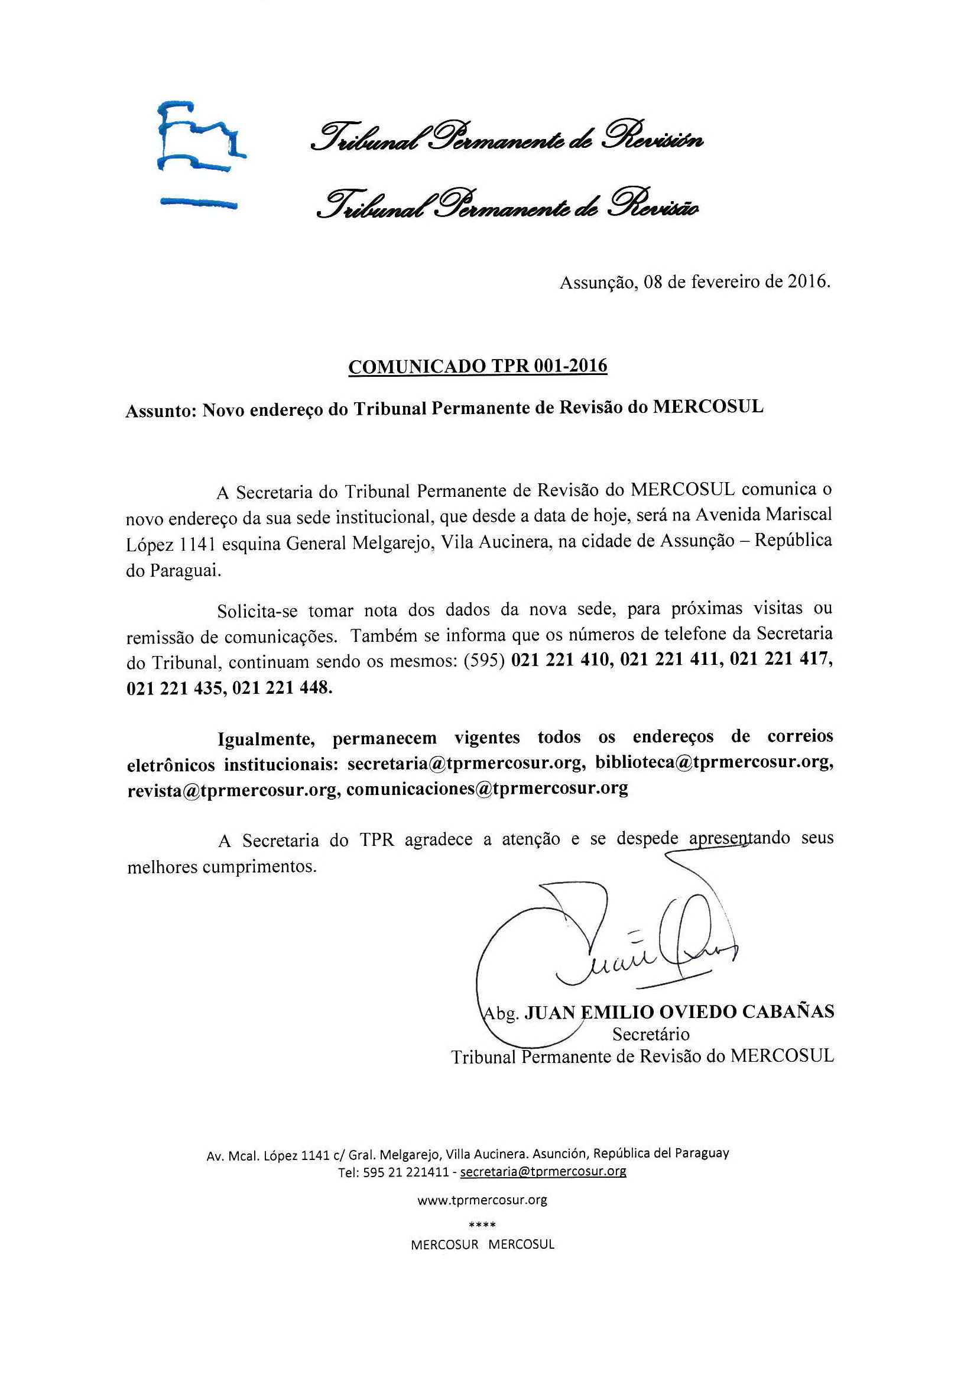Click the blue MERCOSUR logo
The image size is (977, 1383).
[199, 156]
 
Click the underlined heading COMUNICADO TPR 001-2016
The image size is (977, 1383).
[478, 366]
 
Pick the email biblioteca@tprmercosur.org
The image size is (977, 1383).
[714, 762]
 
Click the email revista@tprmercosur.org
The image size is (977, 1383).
[232, 790]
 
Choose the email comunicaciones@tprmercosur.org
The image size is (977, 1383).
[487, 789]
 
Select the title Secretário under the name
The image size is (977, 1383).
[651, 1034]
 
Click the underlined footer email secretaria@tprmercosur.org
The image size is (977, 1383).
[543, 1172]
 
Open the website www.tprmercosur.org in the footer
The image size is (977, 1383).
[482, 1200]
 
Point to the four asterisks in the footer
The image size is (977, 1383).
[482, 1224]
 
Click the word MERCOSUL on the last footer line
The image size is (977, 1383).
[521, 1245]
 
